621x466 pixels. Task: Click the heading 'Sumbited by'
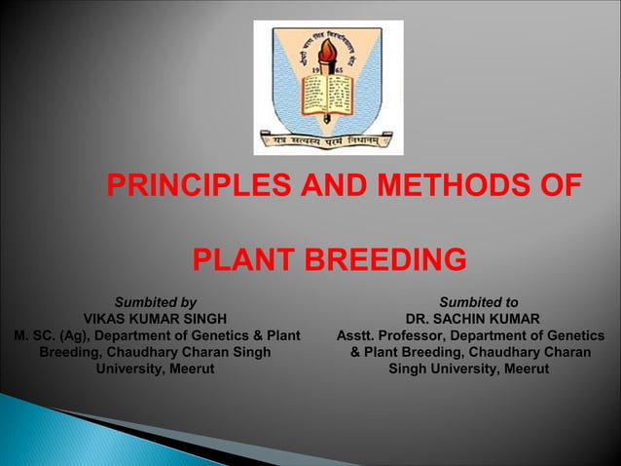156,302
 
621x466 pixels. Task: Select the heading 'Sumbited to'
478,302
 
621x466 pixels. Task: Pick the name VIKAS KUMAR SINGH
156,319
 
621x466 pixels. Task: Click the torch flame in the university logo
327,50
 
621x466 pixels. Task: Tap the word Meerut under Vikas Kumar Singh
193,369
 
